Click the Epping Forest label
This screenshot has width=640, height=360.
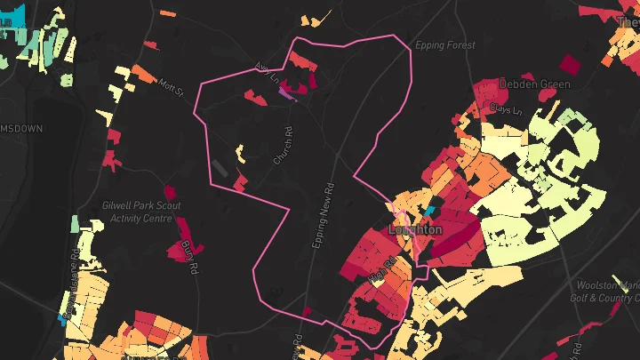click(446, 45)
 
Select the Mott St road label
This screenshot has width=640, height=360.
click(171, 88)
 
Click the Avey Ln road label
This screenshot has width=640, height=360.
click(263, 71)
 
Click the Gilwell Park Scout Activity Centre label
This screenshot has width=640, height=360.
click(142, 212)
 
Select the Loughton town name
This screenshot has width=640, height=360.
click(415, 229)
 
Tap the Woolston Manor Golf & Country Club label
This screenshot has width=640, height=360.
click(608, 292)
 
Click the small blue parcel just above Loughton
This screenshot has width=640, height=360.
click(430, 211)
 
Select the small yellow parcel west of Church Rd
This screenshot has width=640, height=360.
click(240, 154)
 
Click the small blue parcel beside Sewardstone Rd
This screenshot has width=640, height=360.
click(63, 316)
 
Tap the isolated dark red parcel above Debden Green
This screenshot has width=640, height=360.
click(568, 64)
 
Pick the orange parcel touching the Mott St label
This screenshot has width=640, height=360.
click(141, 74)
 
